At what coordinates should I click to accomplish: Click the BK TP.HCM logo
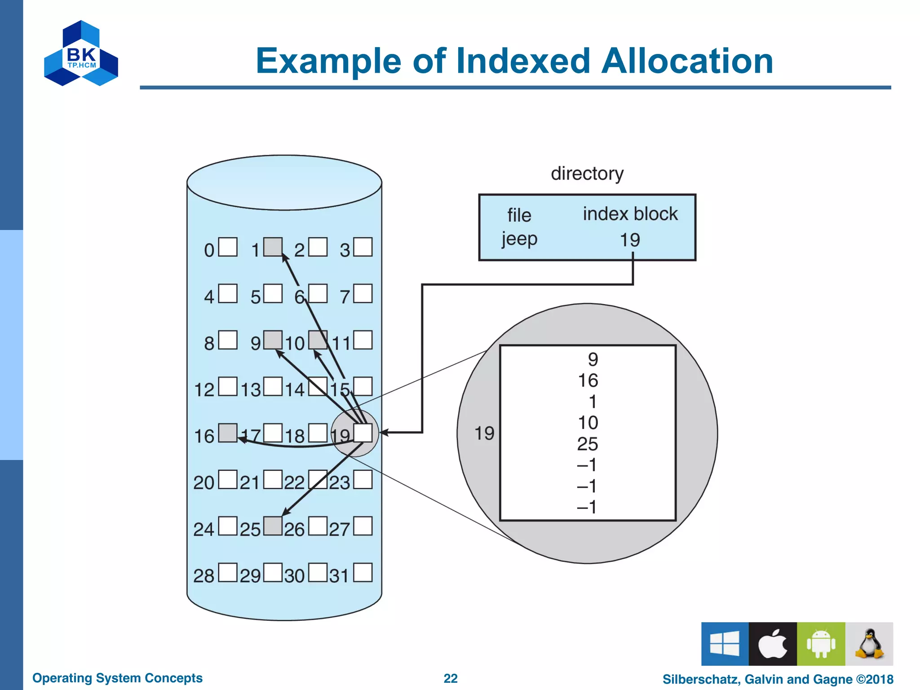point(81,53)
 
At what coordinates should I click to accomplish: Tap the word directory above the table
point(587,173)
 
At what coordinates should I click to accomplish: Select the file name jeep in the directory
point(519,239)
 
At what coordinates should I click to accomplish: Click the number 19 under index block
point(630,240)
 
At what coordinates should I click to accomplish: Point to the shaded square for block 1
point(273,247)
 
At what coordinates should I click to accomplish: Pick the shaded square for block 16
point(228,433)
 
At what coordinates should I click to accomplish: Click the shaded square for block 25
point(273,526)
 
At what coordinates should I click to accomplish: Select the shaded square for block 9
point(273,340)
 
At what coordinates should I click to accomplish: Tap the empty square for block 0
point(228,247)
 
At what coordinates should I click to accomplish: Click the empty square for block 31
point(363,573)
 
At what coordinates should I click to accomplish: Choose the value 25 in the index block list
point(588,444)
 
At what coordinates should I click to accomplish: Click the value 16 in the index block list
point(588,380)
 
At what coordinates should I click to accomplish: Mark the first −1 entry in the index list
point(587,465)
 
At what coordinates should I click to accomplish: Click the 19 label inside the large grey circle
point(484,433)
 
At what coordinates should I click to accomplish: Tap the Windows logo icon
point(725,644)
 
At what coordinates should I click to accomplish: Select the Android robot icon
point(821,644)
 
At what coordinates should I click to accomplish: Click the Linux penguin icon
point(869,644)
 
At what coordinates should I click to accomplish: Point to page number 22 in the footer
point(451,678)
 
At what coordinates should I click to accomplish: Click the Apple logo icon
point(773,644)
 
